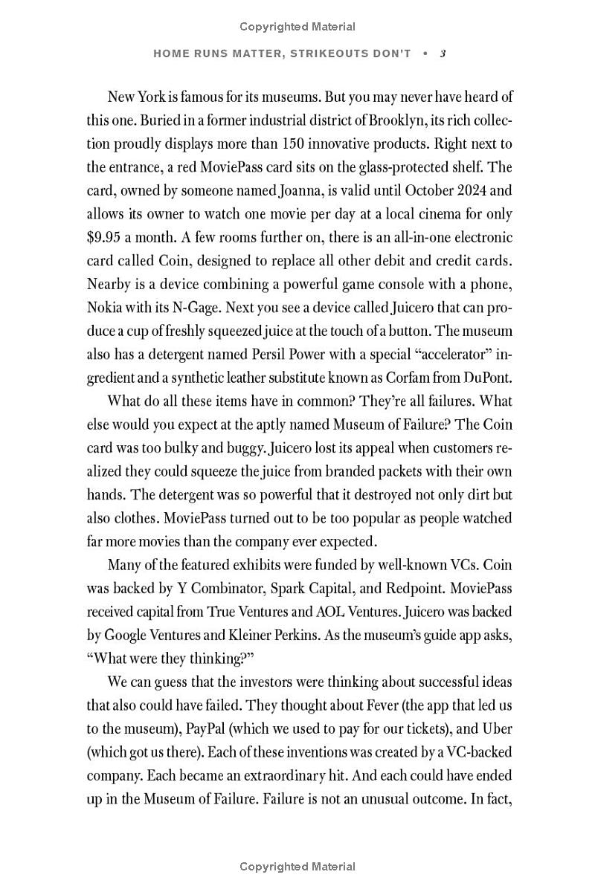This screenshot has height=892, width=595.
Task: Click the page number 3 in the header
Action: [443, 54]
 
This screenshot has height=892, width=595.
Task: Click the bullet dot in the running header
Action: [425, 54]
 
